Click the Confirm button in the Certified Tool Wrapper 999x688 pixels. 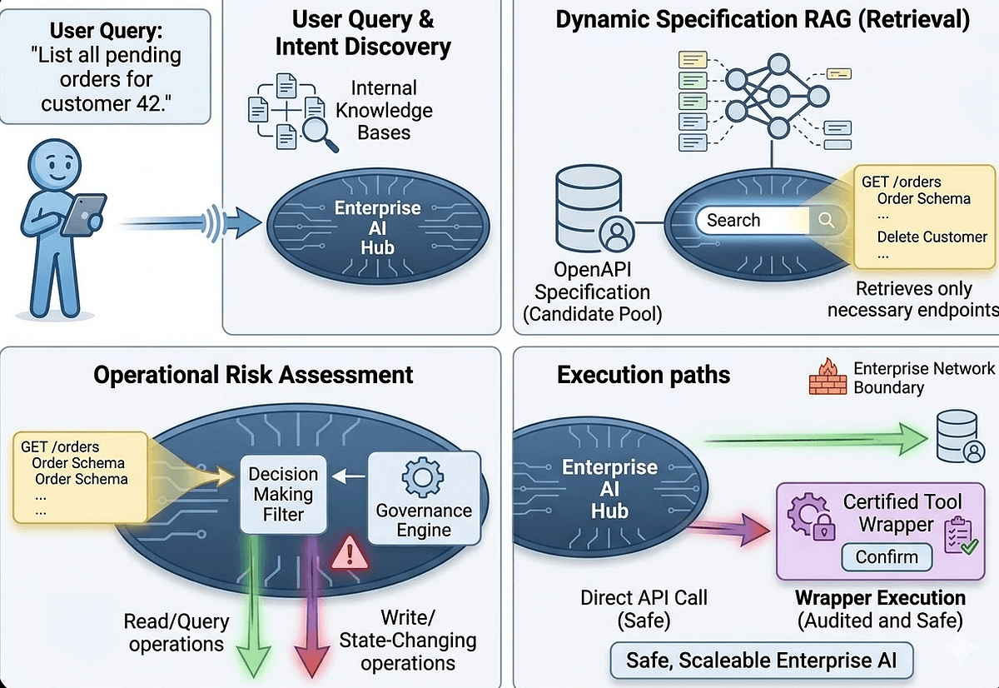[x=887, y=556]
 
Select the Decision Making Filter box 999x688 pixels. [x=284, y=494]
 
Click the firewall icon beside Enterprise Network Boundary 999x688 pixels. [x=828, y=378]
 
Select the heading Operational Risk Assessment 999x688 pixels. [x=253, y=374]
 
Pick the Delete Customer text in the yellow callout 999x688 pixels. [x=932, y=237]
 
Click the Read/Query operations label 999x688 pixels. [x=176, y=632]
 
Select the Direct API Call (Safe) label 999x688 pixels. [x=644, y=607]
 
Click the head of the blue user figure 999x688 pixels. [x=55, y=162]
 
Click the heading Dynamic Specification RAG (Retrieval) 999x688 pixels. [x=763, y=21]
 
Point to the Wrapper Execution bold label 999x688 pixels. [x=880, y=598]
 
